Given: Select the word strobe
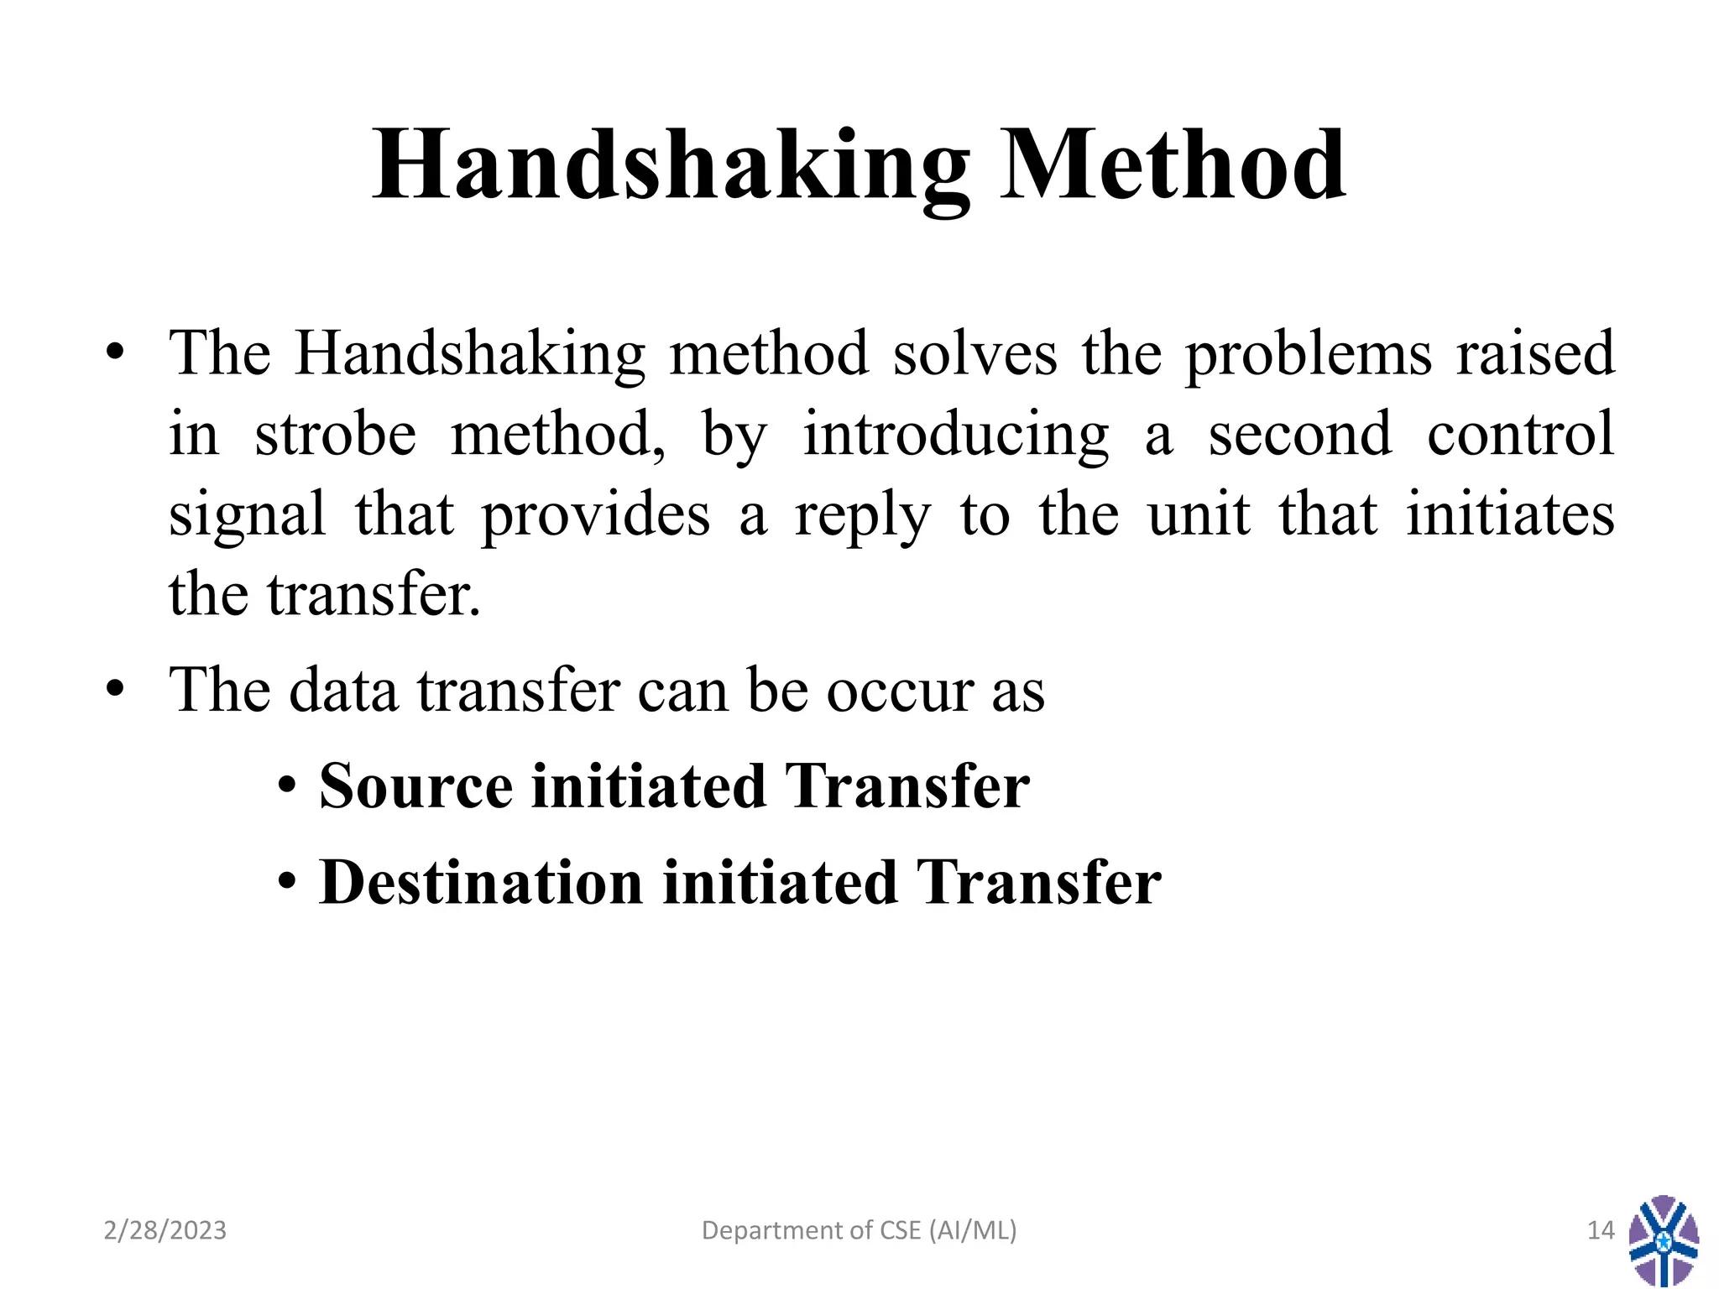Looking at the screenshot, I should click(x=335, y=435).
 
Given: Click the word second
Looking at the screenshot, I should click(x=1300, y=435).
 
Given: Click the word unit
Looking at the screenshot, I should click(x=1199, y=514).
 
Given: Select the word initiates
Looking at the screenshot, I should click(x=1510, y=514).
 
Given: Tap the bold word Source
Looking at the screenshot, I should click(x=415, y=786).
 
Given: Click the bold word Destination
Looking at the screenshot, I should click(x=481, y=883).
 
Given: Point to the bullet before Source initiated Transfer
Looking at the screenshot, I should click(x=288, y=788).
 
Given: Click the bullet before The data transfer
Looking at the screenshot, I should click(x=115, y=690).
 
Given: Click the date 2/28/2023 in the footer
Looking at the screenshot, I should click(x=165, y=1230).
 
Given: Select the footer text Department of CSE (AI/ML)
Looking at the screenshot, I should click(x=859, y=1230).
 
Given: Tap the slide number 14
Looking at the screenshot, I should click(x=1601, y=1230).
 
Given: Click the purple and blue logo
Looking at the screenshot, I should click(x=1664, y=1240).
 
